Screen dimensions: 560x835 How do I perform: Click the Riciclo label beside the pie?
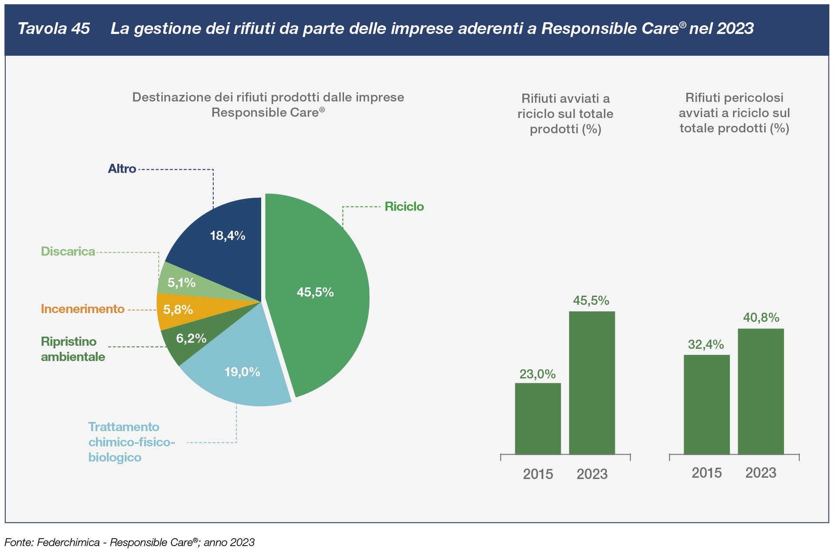(x=404, y=206)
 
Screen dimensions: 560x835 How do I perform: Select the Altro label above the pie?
(x=122, y=169)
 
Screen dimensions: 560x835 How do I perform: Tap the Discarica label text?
(x=68, y=251)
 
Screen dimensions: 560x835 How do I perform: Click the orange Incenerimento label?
(x=82, y=309)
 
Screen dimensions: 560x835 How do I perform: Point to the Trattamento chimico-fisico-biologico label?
(x=131, y=442)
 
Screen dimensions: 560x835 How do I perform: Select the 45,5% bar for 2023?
(x=592, y=383)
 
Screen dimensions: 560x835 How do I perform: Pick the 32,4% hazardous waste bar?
(x=706, y=405)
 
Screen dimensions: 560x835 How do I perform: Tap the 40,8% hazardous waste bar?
(x=760, y=392)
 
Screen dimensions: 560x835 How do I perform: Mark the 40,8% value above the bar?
(x=761, y=317)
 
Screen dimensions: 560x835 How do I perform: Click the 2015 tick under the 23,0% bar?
(x=538, y=474)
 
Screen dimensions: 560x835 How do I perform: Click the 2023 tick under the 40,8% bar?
(x=761, y=473)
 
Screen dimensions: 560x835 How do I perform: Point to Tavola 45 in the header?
(x=54, y=29)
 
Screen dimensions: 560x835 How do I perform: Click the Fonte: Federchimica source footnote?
(x=130, y=543)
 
